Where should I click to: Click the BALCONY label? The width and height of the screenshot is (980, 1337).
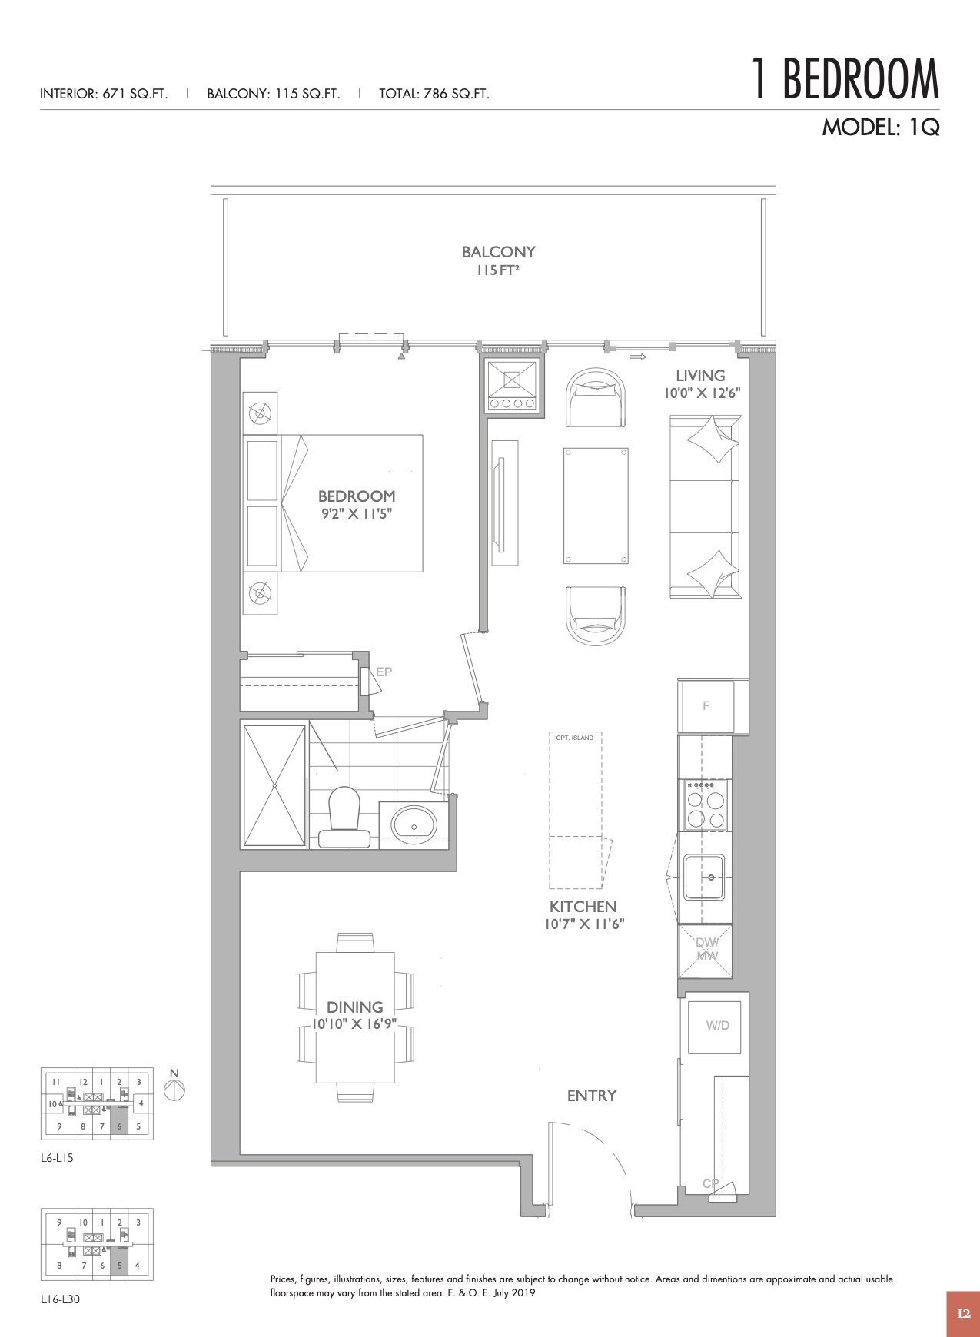pyautogui.click(x=498, y=252)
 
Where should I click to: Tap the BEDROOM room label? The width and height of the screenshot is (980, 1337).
pyautogui.click(x=357, y=496)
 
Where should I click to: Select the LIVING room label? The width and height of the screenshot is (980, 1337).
pyautogui.click(x=700, y=376)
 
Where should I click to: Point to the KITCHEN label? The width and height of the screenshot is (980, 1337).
pyautogui.click(x=583, y=907)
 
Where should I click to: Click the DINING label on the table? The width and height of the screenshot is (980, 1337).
pyautogui.click(x=355, y=1007)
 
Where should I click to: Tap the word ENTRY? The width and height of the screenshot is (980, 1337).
pyautogui.click(x=592, y=1096)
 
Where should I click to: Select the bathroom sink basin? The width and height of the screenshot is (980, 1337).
pyautogui.click(x=414, y=824)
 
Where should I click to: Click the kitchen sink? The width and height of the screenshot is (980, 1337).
pyautogui.click(x=705, y=878)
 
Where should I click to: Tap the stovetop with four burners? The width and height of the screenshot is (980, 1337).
pyautogui.click(x=705, y=805)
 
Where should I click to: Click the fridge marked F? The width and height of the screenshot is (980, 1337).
pyautogui.click(x=706, y=706)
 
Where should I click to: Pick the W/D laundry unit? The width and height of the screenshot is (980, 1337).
pyautogui.click(x=717, y=1026)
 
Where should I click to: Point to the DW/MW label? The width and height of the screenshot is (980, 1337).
pyautogui.click(x=706, y=949)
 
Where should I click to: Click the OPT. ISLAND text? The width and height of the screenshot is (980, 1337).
pyautogui.click(x=575, y=738)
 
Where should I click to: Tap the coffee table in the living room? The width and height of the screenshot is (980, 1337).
pyautogui.click(x=596, y=506)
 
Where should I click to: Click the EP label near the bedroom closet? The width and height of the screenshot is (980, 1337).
pyautogui.click(x=384, y=672)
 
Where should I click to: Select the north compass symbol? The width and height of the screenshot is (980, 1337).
pyautogui.click(x=174, y=1090)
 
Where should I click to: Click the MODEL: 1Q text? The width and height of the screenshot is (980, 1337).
pyautogui.click(x=881, y=127)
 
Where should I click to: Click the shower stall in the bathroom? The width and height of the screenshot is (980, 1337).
pyautogui.click(x=274, y=785)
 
